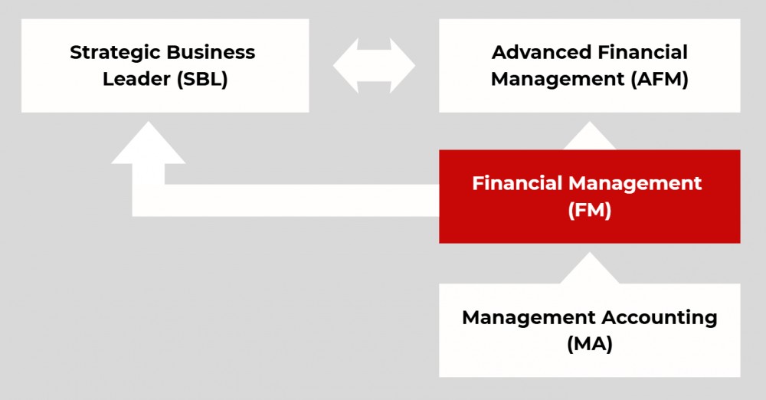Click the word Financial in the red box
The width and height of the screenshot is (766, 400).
pyautogui.click(x=518, y=184)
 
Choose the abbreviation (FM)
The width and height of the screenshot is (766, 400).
pyautogui.click(x=590, y=210)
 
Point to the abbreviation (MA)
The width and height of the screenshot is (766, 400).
pyautogui.click(x=590, y=344)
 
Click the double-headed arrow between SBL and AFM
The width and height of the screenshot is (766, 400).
pyautogui.click(x=374, y=66)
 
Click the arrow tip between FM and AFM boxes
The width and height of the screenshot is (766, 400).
pyautogui.click(x=590, y=138)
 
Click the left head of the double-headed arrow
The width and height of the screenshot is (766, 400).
pyautogui.click(x=345, y=66)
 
